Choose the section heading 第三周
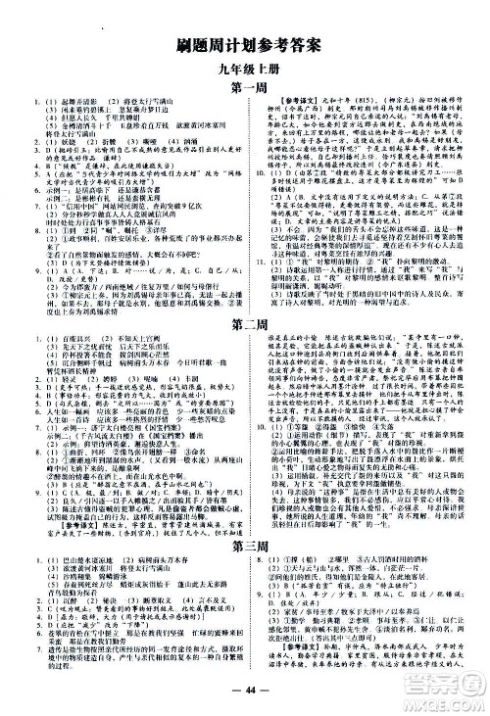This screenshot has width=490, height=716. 245,544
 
